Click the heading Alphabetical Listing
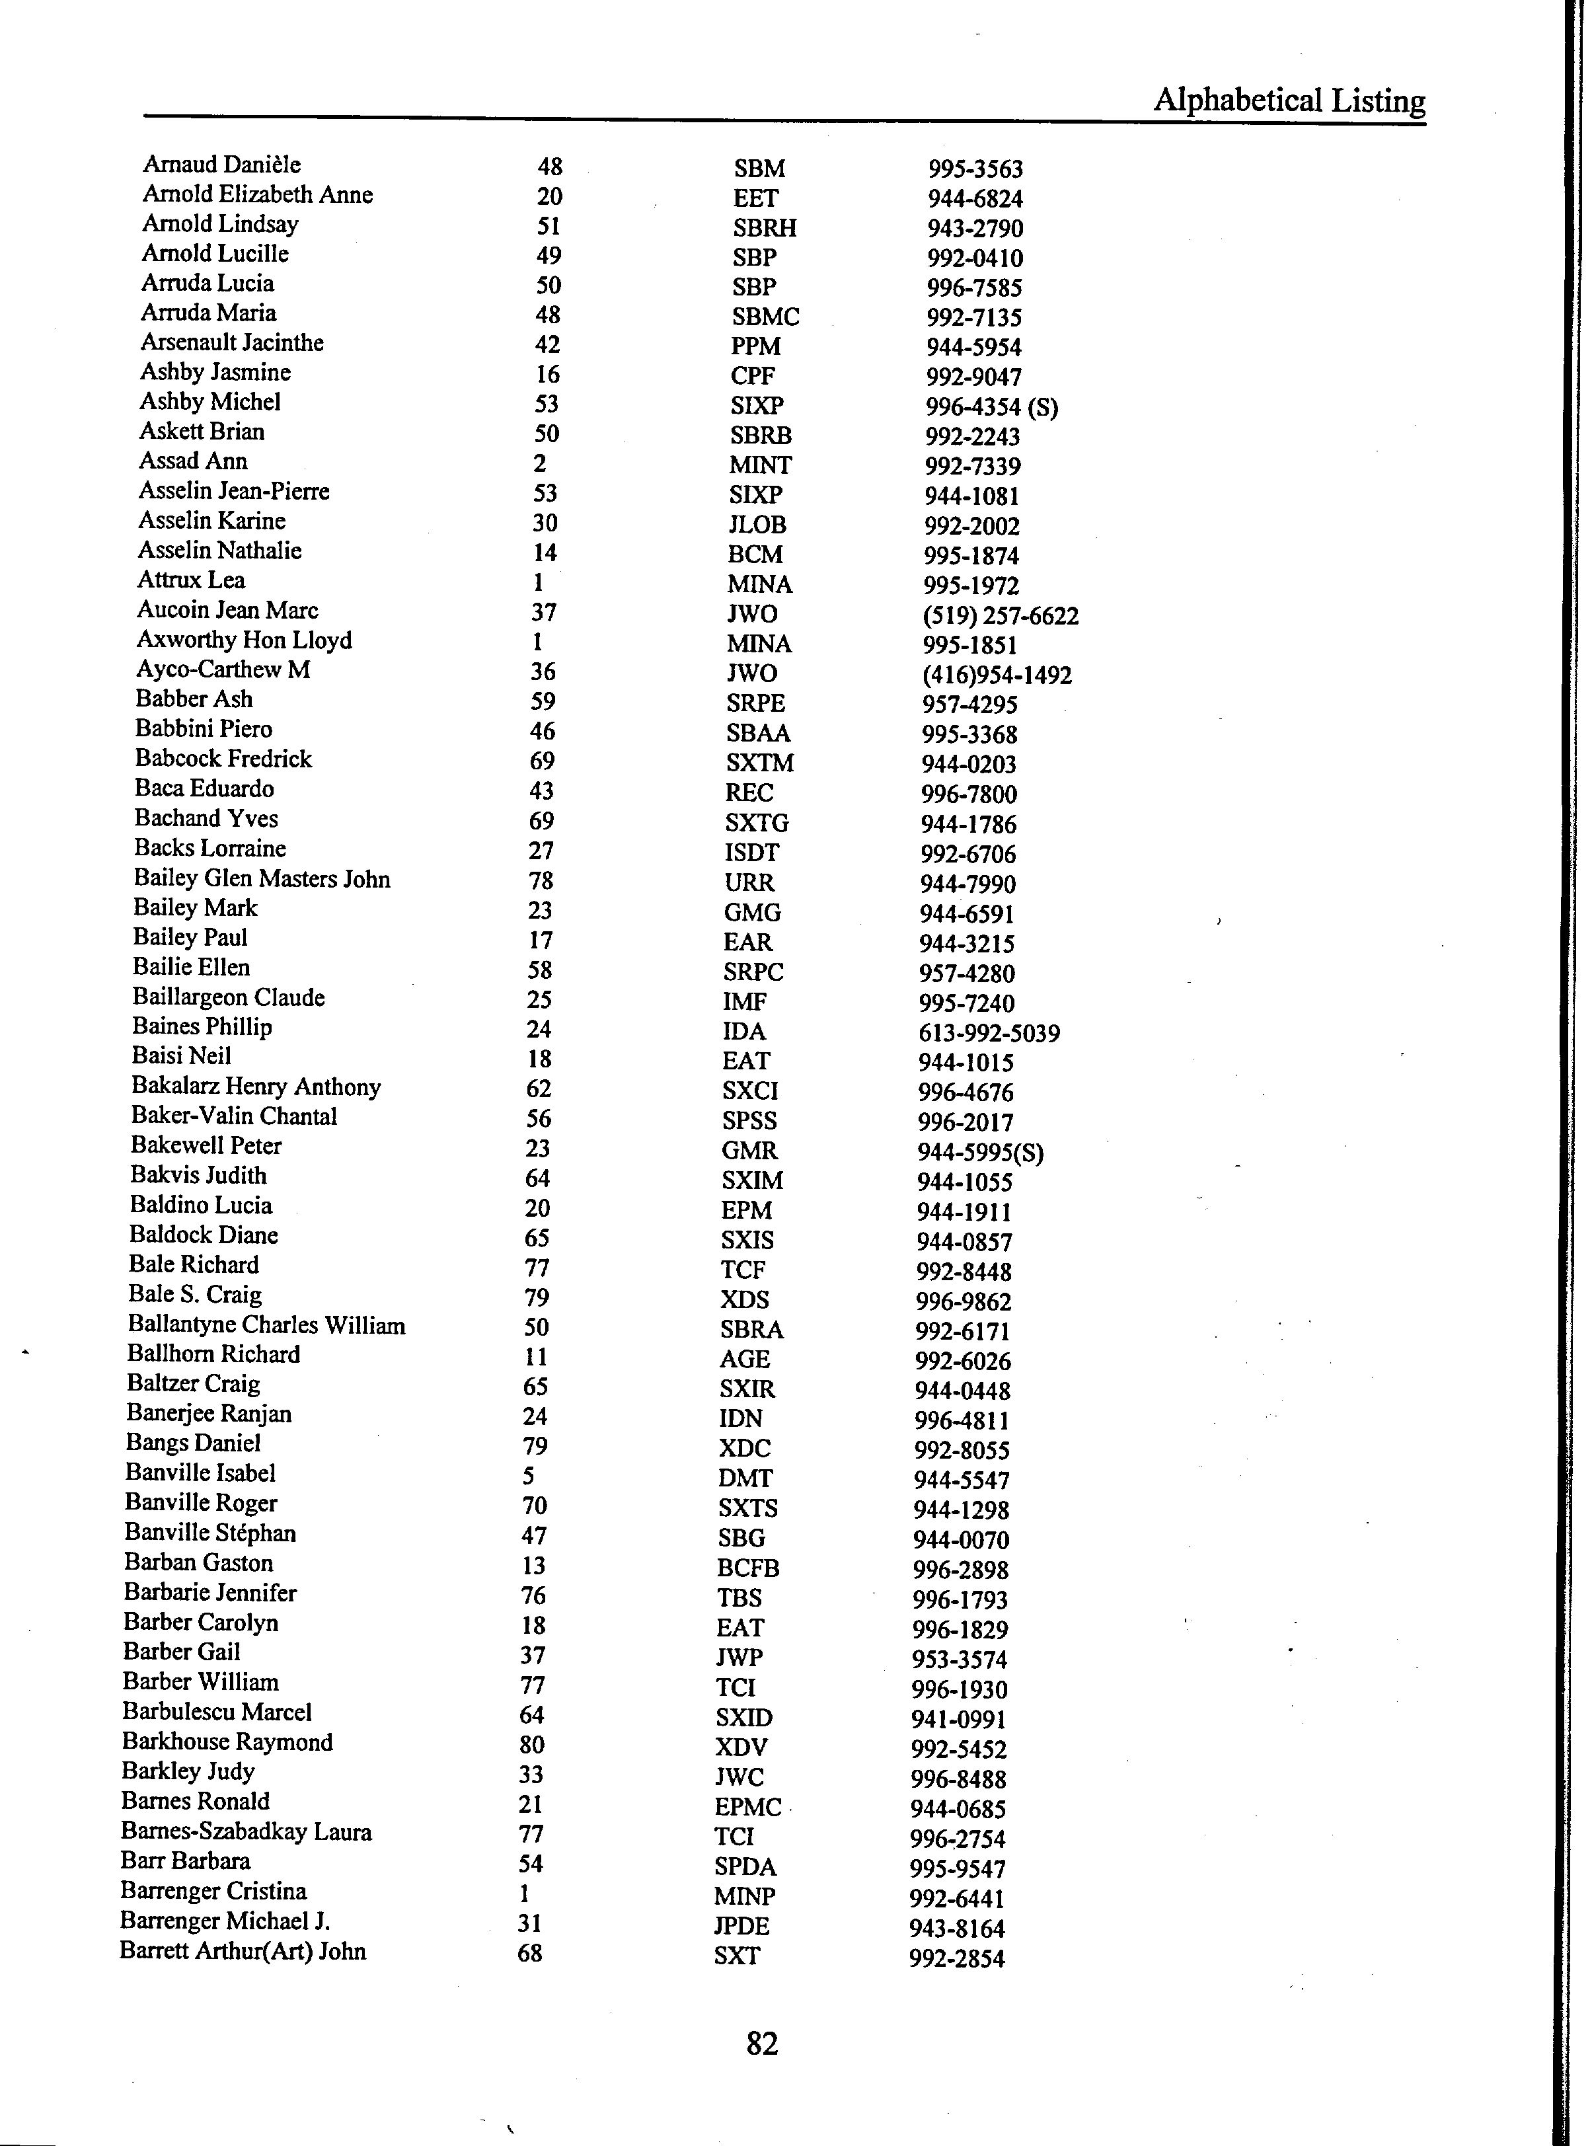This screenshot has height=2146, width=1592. (1289, 100)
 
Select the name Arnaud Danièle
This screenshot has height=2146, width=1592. (221, 165)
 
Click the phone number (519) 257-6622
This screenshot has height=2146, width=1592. (1001, 616)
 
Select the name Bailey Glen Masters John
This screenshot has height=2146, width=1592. (262, 879)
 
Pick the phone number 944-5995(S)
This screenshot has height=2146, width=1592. (980, 1153)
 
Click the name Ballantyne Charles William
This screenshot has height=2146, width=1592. (266, 1325)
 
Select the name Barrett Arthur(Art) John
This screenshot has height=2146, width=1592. (243, 1951)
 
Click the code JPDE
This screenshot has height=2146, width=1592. (742, 1927)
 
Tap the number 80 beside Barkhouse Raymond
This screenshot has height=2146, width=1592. (531, 1745)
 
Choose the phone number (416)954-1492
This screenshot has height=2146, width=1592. (997, 675)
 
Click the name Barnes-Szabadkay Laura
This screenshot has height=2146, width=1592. (246, 1832)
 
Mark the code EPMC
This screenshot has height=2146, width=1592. (748, 1807)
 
